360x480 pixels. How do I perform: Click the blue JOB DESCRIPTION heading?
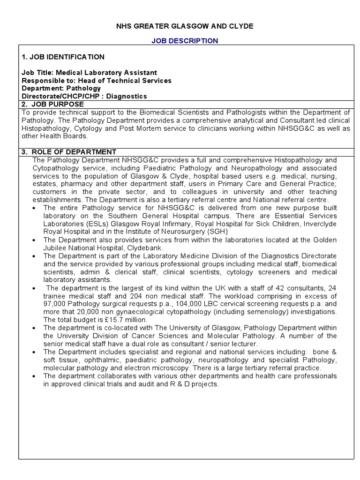tap(184, 41)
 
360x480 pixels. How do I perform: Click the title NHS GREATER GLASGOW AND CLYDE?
tap(184, 26)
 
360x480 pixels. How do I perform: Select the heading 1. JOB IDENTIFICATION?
tap(63, 57)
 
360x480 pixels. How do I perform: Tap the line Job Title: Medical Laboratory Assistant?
tap(89, 73)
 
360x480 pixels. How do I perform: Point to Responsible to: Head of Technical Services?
tap(97, 81)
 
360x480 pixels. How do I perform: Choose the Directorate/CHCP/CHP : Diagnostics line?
tap(84, 96)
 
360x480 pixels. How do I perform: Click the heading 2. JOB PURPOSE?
tap(53, 104)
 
